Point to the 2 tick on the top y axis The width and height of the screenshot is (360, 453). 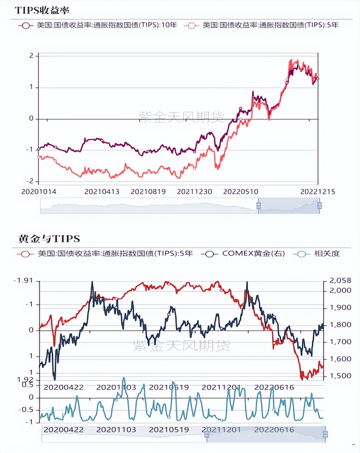pos(32,55)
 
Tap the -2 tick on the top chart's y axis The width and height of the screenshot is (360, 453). pos(30,181)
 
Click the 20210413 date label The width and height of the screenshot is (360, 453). pos(102,192)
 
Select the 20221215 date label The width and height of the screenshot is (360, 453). pos(317,192)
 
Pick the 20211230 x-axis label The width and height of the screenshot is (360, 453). pos(194,192)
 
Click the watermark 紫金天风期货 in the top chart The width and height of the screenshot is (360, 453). pos(181,117)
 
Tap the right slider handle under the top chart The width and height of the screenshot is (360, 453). pos(319,206)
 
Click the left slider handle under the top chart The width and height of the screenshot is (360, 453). pos(258,206)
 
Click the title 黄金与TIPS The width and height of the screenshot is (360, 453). pos(49,239)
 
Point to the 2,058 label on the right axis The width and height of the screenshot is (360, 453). pos(340,280)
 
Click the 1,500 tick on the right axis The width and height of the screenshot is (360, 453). pos(340,376)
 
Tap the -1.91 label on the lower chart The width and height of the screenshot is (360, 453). pos(23,280)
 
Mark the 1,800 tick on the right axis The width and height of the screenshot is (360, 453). pos(340,325)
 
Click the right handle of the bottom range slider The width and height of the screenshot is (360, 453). pos(325,435)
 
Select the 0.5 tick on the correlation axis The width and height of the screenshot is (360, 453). pos(28,385)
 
